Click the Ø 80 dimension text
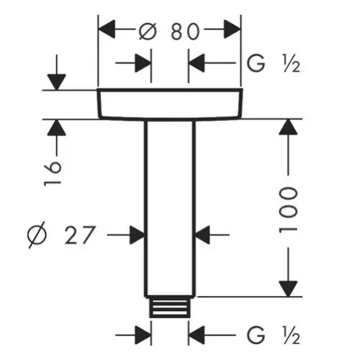pyautogui.click(x=169, y=31)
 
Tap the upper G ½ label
pyautogui.click(x=274, y=63)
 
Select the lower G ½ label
pyautogui.click(x=274, y=335)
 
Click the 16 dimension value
pyautogui.click(x=53, y=174)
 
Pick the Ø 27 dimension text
pyautogui.click(x=61, y=235)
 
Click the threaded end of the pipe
pyautogui.click(x=170, y=307)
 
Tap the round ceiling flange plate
pyautogui.click(x=170, y=104)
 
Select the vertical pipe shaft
pyautogui.click(x=170, y=208)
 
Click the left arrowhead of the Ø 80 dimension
pyautogui.click(x=107, y=30)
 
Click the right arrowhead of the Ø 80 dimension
pyautogui.click(x=232, y=30)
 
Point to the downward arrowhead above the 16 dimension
pyautogui.click(x=57, y=82)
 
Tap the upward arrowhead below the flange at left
pyautogui.click(x=57, y=127)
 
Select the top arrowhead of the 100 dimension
pyautogui.click(x=288, y=127)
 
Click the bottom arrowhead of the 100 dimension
pyautogui.click(x=288, y=289)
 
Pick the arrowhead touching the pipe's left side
pyautogui.click(x=137, y=235)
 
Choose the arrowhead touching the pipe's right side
pyautogui.click(x=202, y=235)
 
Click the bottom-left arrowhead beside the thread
pyautogui.click(x=143, y=335)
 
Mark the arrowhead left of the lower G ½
pyautogui.click(x=197, y=335)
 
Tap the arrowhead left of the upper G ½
pyautogui.click(x=197, y=63)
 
